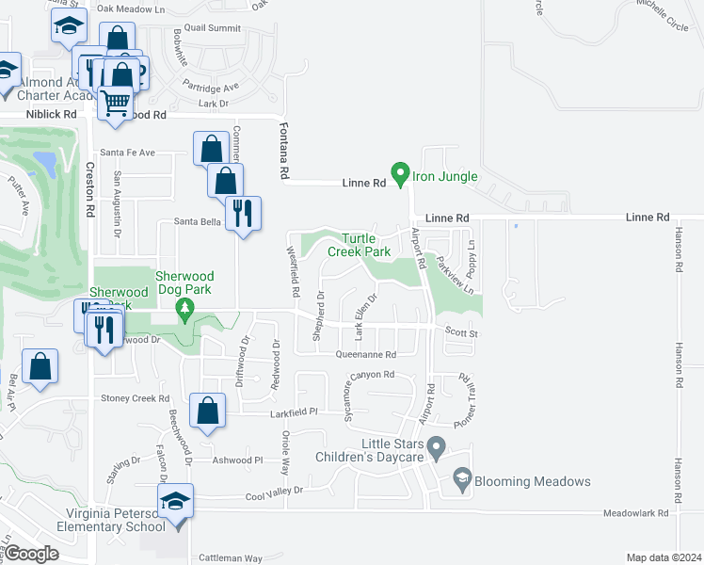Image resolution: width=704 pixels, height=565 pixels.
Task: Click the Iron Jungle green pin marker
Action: (x=400, y=174)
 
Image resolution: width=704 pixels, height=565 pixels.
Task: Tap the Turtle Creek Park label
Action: (x=359, y=245)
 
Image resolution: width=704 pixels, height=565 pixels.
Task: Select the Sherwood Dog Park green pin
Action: (x=185, y=309)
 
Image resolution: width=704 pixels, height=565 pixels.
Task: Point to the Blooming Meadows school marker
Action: (x=461, y=480)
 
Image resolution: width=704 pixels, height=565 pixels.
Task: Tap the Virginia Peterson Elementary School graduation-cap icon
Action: (x=175, y=501)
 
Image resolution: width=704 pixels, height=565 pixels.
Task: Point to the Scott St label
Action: (x=461, y=332)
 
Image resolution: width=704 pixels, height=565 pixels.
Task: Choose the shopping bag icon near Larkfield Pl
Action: (x=207, y=411)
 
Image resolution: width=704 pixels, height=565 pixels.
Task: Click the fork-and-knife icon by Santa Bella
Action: (x=243, y=213)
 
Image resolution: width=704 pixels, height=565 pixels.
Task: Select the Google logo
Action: (x=32, y=554)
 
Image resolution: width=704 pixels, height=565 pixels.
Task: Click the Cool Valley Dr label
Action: (x=275, y=491)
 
